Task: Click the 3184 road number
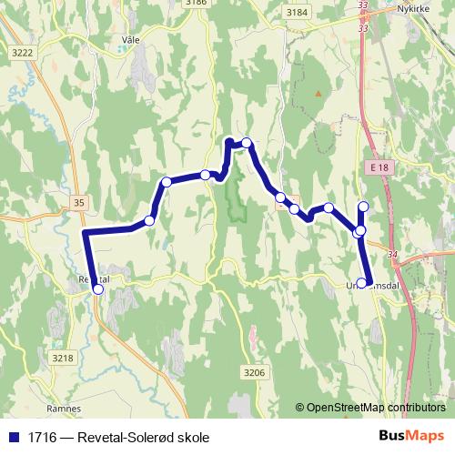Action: [296, 12]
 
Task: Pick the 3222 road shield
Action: [22, 54]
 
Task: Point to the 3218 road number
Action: [62, 359]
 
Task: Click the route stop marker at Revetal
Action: [98, 289]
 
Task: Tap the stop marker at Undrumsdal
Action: [363, 283]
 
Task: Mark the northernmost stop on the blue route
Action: [247, 143]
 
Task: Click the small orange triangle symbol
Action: [318, 93]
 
